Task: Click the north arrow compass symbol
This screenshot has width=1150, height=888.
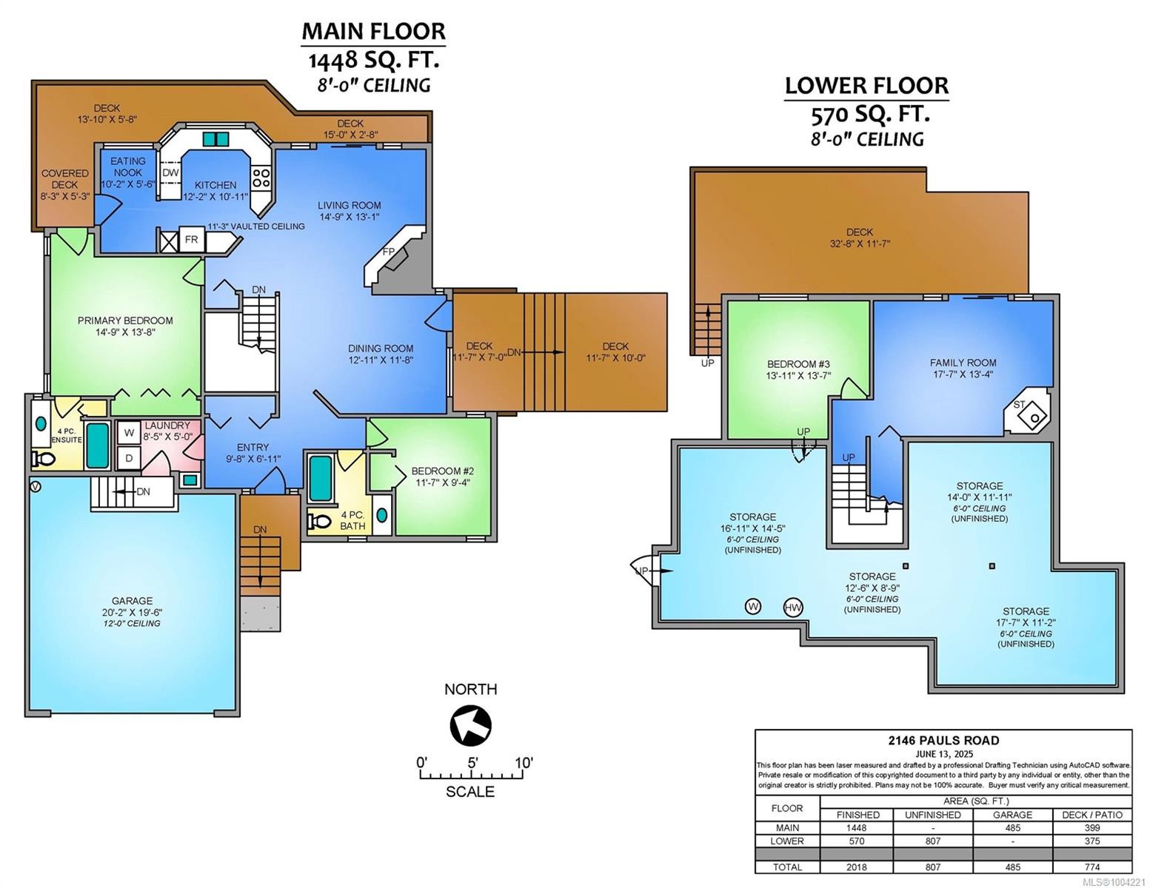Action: (470, 726)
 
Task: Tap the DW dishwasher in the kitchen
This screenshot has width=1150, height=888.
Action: (170, 173)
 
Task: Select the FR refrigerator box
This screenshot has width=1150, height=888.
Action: (191, 240)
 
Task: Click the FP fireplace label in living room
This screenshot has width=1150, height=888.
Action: (389, 252)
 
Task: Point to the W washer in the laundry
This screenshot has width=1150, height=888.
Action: (129, 433)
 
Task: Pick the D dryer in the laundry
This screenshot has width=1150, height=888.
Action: (129, 458)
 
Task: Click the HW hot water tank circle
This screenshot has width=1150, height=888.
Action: (793, 608)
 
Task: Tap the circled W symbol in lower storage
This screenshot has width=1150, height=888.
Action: (753, 607)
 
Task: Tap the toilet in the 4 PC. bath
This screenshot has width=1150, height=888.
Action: (320, 521)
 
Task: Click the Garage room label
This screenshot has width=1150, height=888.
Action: (132, 601)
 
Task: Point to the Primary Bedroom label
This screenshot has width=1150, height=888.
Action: (125, 320)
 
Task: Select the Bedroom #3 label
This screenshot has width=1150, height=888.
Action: (798, 364)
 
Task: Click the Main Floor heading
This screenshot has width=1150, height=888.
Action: (373, 31)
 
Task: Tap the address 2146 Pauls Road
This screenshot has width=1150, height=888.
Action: (943, 740)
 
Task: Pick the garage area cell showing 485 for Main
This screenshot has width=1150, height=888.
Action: (1012, 828)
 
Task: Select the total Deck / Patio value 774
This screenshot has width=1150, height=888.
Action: (1092, 867)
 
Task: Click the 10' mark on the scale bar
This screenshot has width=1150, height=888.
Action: (523, 774)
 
